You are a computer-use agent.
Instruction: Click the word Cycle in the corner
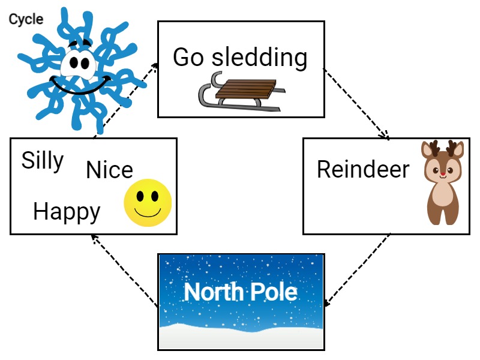pos(26,19)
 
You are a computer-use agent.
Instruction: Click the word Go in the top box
pos(188,58)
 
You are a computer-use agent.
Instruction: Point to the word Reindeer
pos(362,169)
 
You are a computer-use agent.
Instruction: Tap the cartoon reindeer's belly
pos(443,195)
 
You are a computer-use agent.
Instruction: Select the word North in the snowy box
pos(212,292)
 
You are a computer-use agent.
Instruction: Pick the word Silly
pos(43,161)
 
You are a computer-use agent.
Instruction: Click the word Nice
pos(109,170)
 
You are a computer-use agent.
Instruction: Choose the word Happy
pos(67,212)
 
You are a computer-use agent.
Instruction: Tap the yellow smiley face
pos(148,202)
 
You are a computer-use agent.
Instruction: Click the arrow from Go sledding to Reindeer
pos(356,103)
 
